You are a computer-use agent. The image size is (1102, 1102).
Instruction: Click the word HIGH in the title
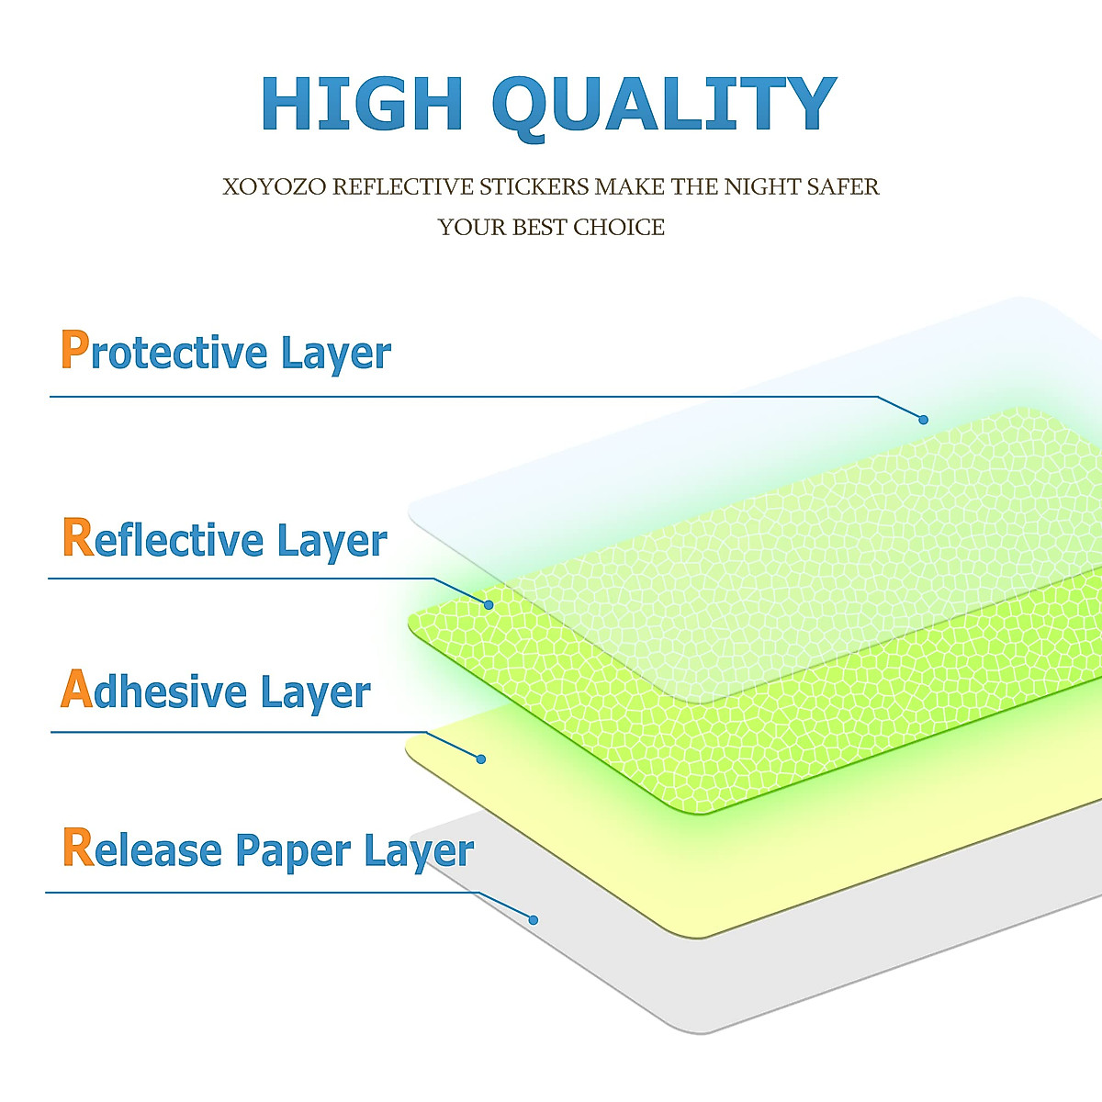point(362,104)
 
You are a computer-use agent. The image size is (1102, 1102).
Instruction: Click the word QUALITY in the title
point(664,107)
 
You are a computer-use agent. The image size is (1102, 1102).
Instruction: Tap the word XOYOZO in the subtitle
point(274,187)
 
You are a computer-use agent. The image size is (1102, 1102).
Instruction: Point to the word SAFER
point(843,187)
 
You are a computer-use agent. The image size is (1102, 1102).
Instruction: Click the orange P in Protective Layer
point(75,349)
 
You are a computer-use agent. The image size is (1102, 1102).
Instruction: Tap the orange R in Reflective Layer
point(78,537)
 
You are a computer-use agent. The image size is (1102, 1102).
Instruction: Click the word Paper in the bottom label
point(293,852)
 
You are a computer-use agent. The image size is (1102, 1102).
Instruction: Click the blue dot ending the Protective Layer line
point(923,420)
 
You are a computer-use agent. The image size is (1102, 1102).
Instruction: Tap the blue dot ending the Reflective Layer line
point(489,605)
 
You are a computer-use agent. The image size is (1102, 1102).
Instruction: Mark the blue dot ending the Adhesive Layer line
point(481,759)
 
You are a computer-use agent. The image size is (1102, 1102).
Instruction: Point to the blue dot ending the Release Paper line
point(533,920)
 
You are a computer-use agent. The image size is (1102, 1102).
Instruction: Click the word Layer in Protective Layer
point(336,354)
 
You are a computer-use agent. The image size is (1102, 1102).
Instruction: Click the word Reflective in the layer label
point(163,538)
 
